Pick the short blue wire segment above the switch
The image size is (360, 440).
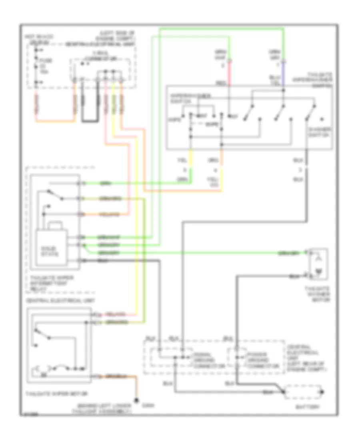pos(283,74)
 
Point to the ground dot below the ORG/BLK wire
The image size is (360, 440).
pos(137,400)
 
